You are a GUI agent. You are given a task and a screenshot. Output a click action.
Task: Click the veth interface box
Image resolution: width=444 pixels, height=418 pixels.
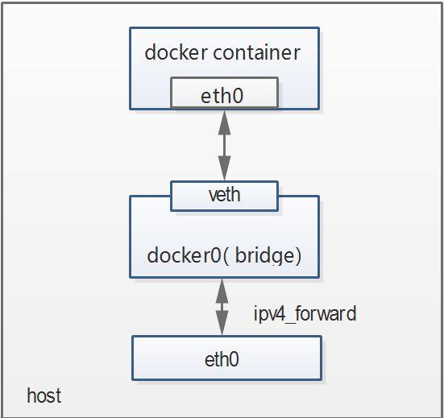pyautogui.click(x=224, y=195)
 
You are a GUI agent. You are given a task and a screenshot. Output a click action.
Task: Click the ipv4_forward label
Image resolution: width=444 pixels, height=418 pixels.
pyautogui.click(x=305, y=313)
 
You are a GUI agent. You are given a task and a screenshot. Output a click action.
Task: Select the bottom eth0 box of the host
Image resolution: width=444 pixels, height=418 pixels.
pyautogui.click(x=226, y=358)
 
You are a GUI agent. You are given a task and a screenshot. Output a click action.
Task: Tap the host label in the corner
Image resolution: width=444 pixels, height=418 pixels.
pyautogui.click(x=44, y=396)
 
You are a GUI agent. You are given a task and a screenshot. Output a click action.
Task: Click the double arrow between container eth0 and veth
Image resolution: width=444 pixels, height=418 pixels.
pyautogui.click(x=224, y=145)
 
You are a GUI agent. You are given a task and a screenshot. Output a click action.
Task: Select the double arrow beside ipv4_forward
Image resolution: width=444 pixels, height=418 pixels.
pyautogui.click(x=221, y=307)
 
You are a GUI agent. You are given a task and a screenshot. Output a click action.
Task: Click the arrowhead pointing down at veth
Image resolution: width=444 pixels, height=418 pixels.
pyautogui.click(x=224, y=172)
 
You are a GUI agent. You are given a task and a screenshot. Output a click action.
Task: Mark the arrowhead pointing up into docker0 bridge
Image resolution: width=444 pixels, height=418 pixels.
pyautogui.click(x=221, y=285)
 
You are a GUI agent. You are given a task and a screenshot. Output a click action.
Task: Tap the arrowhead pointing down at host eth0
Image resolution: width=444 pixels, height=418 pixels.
pyautogui.click(x=221, y=328)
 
